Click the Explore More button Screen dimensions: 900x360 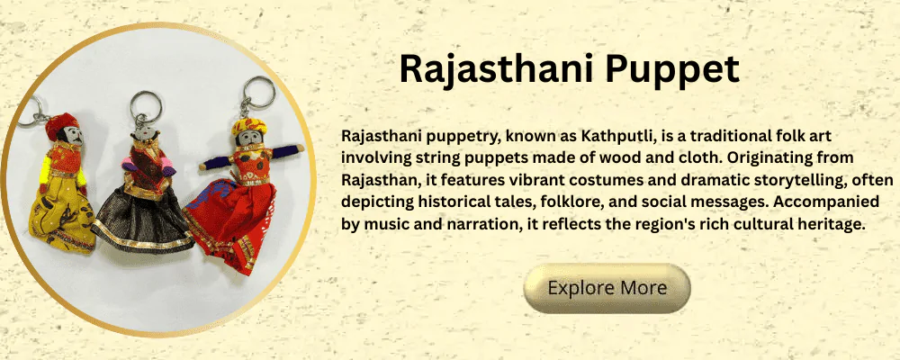point(607,288)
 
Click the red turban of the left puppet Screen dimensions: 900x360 point(61,124)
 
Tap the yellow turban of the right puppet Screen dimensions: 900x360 point(249,126)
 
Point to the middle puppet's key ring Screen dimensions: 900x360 point(145,107)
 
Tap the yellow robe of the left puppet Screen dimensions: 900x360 point(62,212)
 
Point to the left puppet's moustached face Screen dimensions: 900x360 point(72,136)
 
